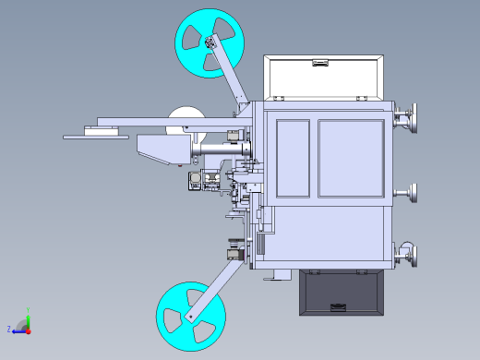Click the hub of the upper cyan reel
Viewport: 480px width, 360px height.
(x=210, y=42)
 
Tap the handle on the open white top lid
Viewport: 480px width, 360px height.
(x=320, y=63)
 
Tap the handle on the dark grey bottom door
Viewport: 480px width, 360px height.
(x=339, y=307)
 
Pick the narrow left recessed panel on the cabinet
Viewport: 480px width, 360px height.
(x=293, y=158)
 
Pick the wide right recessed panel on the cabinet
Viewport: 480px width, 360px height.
(x=350, y=158)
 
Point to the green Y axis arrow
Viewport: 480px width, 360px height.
(x=29, y=316)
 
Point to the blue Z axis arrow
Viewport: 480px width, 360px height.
(x=18, y=329)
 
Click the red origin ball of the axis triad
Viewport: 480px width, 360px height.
(x=29, y=329)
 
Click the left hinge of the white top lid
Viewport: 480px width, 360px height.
(x=273, y=98)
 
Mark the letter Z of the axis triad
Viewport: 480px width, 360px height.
(x=8, y=330)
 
